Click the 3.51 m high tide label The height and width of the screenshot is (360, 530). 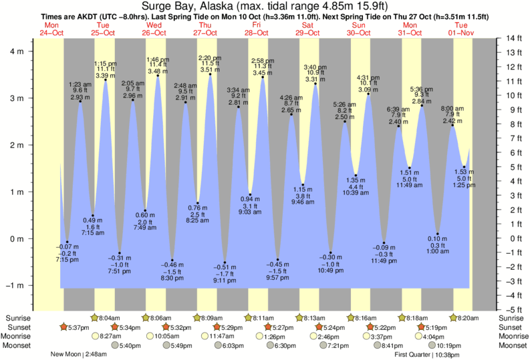[x=210, y=69]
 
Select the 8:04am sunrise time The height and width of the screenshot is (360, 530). [x=110, y=318]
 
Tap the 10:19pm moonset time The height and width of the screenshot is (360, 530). [x=449, y=346]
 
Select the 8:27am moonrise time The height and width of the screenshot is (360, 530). [x=110, y=337]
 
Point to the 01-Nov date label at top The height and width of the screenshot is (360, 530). [x=460, y=32]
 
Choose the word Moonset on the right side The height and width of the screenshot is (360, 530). [x=513, y=346]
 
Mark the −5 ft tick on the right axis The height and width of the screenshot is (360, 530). [x=513, y=309]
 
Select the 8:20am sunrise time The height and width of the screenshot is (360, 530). [x=469, y=318]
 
